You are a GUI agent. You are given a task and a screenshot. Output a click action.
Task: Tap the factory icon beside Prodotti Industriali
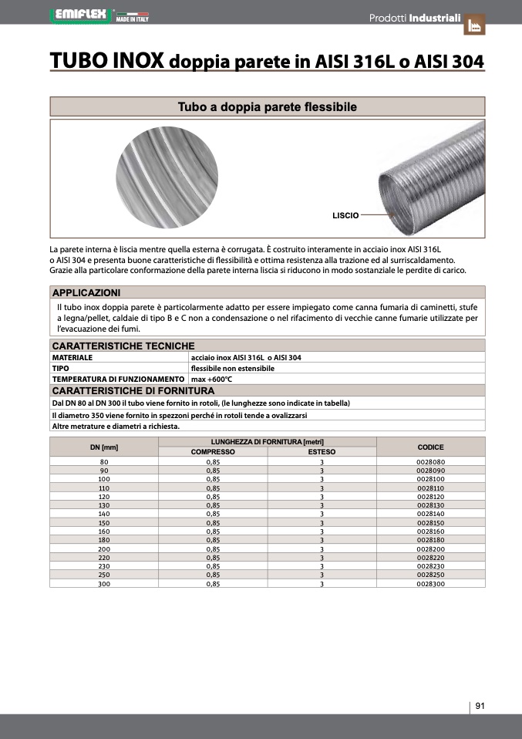[474, 25]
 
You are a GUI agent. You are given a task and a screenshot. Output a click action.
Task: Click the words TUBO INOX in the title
[106, 60]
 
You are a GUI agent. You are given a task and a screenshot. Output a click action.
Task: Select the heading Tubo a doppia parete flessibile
[267, 107]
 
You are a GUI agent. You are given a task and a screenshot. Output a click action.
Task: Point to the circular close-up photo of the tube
[162, 179]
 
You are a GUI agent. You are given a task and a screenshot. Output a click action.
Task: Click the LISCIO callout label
[345, 216]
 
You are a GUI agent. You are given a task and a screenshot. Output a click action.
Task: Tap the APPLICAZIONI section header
[86, 292]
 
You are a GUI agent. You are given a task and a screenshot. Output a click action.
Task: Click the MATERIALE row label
[72, 358]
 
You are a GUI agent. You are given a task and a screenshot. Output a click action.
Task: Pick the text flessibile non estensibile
[232, 369]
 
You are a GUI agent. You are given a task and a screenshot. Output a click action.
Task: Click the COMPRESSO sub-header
[213, 452]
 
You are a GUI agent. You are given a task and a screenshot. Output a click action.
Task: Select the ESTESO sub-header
[322, 452]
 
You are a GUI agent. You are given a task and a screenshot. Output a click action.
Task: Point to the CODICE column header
[430, 447]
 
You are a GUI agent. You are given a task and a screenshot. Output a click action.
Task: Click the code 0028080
[430, 461]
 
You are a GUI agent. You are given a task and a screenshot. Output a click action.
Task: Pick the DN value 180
[104, 540]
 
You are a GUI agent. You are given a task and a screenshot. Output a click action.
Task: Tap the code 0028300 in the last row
[430, 584]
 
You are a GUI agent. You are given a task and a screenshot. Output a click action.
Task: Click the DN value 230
[104, 566]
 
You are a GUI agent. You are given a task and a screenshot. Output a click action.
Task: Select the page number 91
[480, 706]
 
